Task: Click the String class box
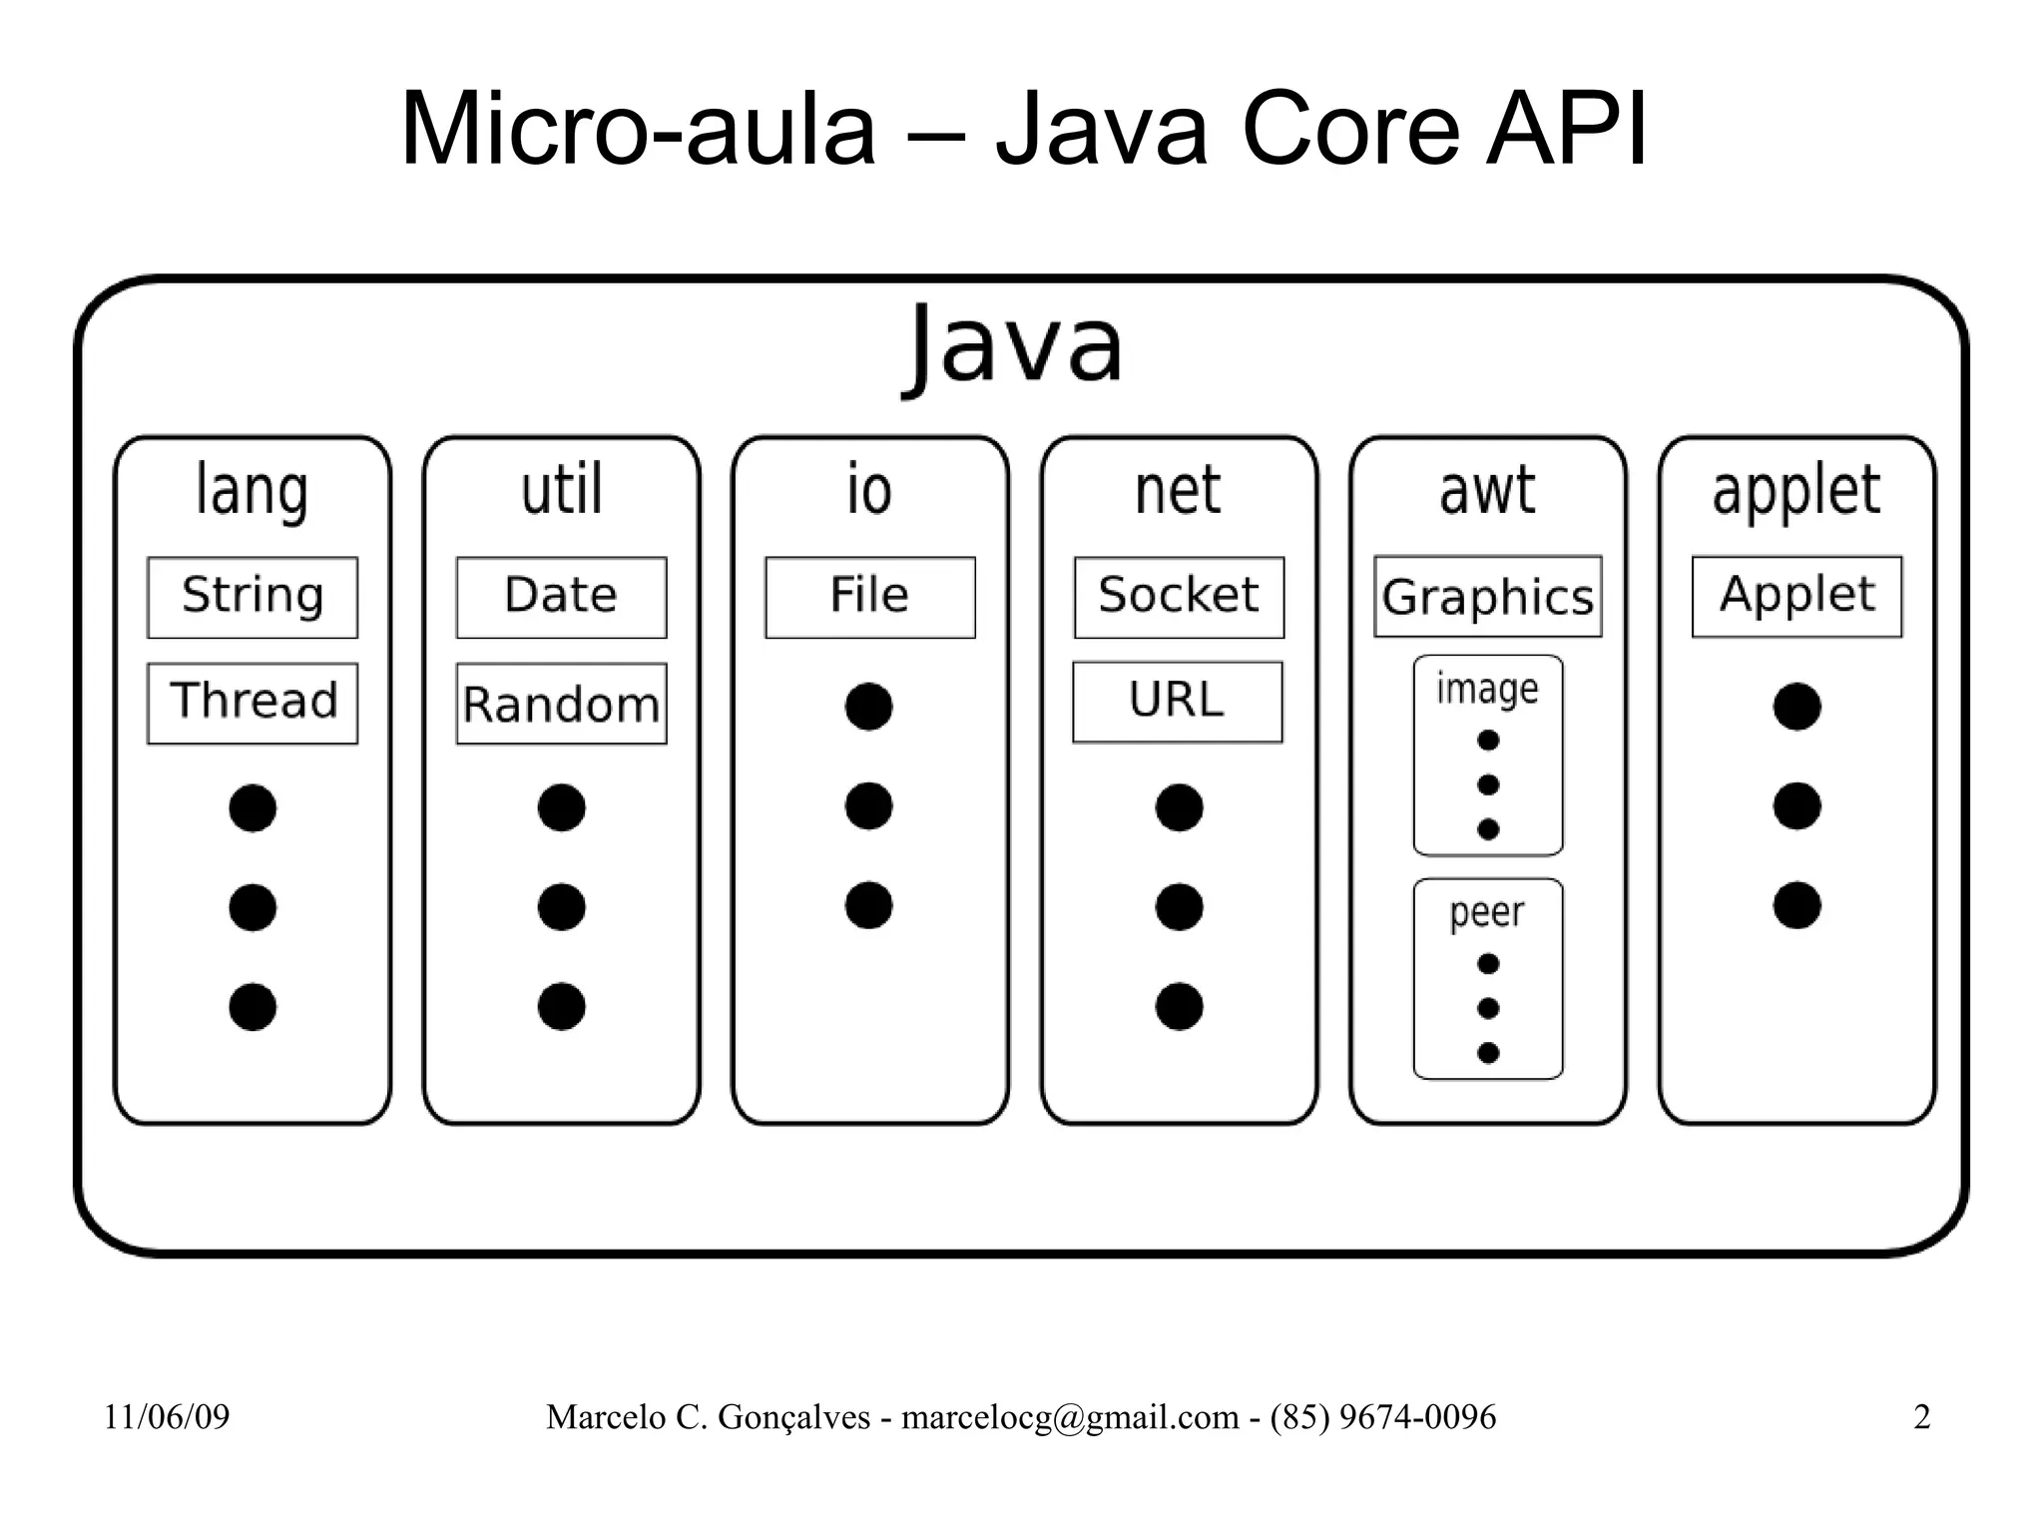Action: coord(253,597)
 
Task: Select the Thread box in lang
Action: coord(253,703)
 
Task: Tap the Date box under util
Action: coord(561,597)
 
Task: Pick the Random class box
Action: coord(561,703)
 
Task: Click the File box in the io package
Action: coord(869,597)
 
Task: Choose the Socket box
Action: coord(1179,597)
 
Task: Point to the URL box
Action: coord(1178,702)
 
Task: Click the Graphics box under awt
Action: coord(1487,597)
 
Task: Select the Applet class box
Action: coord(1796,596)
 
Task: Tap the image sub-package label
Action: coord(1487,689)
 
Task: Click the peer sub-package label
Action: coord(1487,912)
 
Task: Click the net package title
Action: coord(1178,490)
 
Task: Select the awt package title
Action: coord(1487,490)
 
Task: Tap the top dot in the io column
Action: coord(868,707)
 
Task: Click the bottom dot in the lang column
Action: coord(253,1006)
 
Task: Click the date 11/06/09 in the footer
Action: coord(167,1416)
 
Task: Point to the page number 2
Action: coord(1921,1416)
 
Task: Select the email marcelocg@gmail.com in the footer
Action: coord(1070,1416)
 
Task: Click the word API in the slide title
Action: coord(1565,130)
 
